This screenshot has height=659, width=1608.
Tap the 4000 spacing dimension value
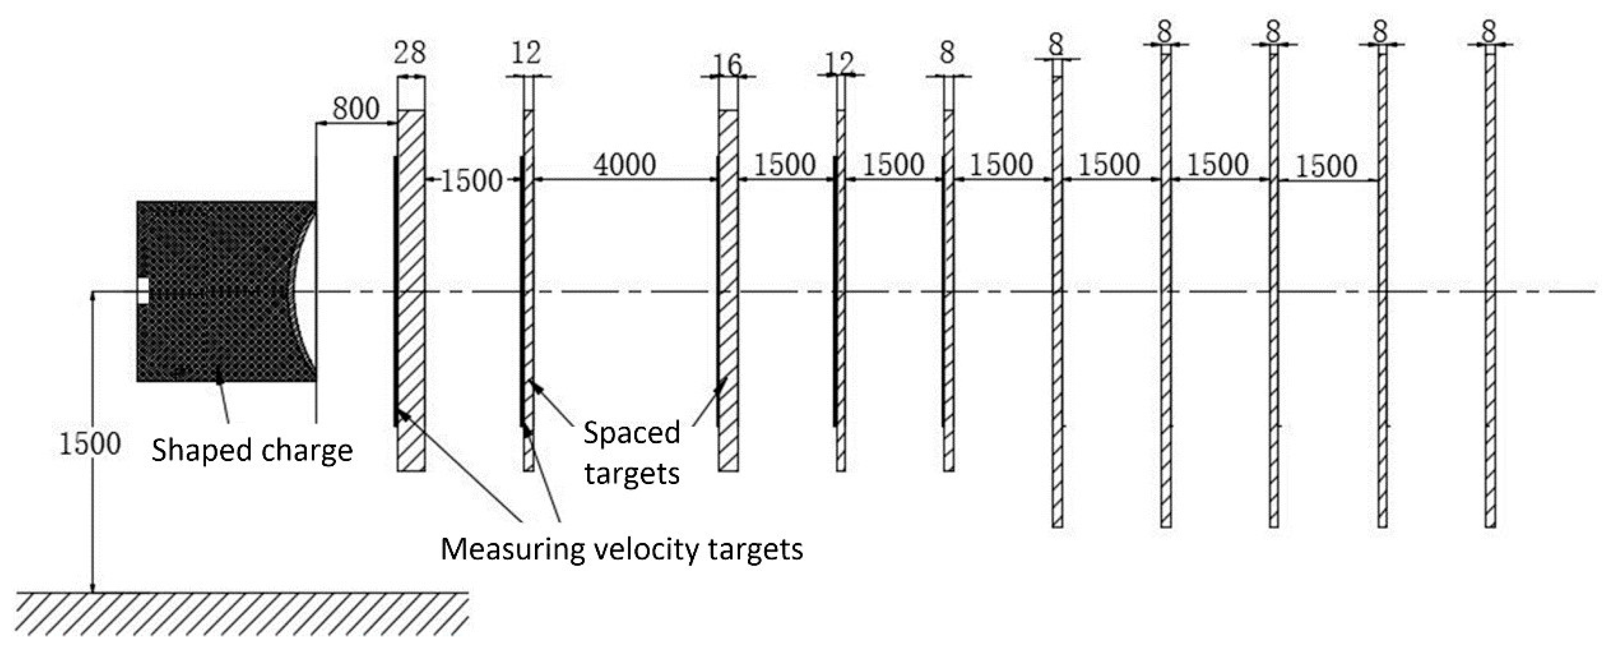coord(624,165)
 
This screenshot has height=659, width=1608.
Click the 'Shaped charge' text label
coord(252,450)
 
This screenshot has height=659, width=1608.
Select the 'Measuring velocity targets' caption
coord(622,549)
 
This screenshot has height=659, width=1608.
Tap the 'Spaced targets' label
coord(631,453)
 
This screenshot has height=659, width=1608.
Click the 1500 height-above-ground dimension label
coord(89,444)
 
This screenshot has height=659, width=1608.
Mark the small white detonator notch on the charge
coord(143,291)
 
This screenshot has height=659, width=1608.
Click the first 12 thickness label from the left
coord(526,53)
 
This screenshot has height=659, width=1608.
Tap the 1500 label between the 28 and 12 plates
coord(472,181)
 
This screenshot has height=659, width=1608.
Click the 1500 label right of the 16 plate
coord(785,165)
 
